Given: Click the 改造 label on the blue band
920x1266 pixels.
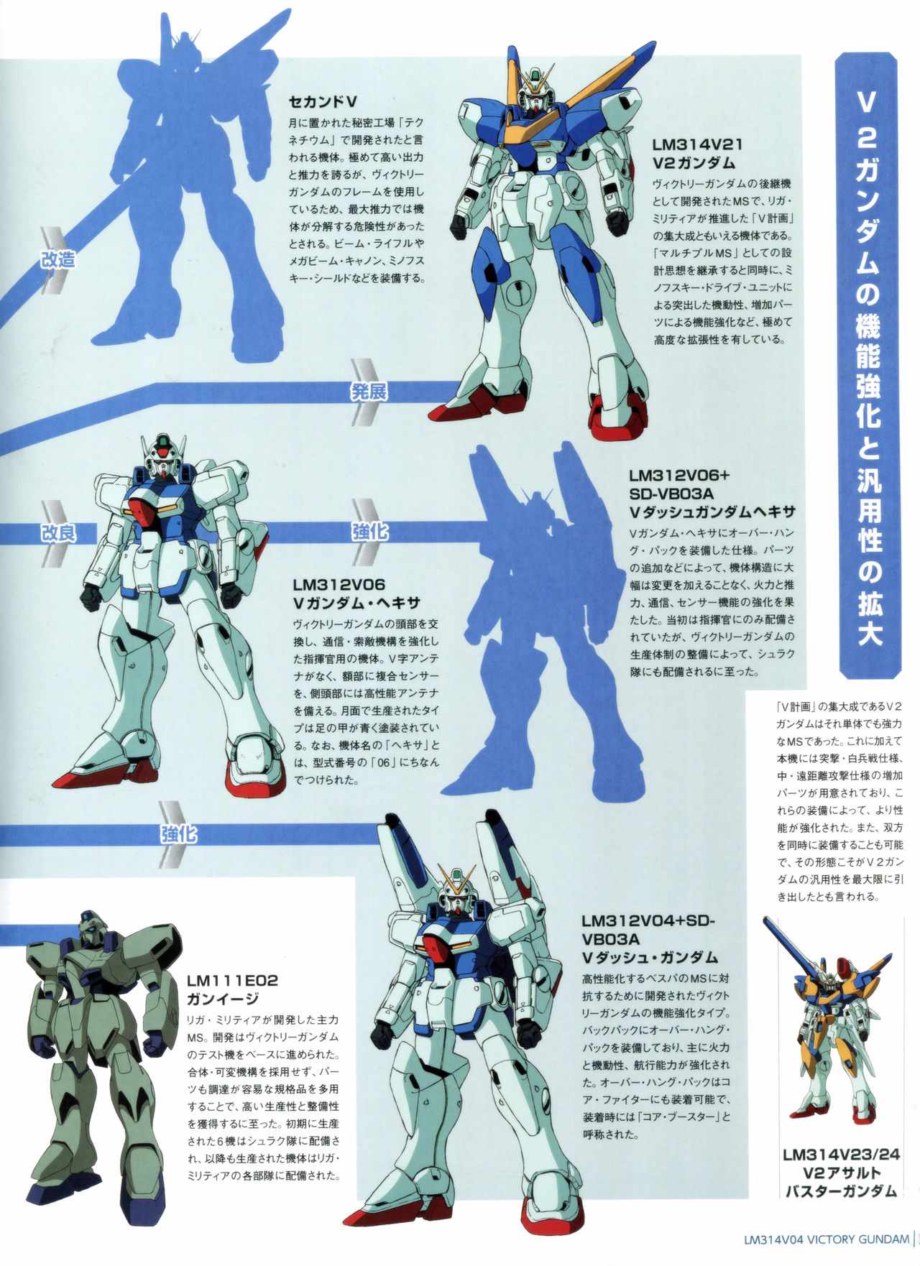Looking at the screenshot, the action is [x=57, y=259].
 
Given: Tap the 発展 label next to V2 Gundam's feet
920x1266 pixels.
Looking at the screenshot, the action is [x=369, y=392].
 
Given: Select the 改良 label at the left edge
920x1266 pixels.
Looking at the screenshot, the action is [x=57, y=532].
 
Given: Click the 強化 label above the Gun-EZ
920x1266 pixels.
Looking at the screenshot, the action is [x=178, y=834].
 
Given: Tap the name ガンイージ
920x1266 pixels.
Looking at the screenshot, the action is [x=222, y=999].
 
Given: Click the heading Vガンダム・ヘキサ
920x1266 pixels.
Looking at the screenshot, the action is [x=356, y=603].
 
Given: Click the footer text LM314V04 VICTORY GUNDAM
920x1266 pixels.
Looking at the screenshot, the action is [x=827, y=1239].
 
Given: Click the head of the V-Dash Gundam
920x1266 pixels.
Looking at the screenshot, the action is [x=459, y=892].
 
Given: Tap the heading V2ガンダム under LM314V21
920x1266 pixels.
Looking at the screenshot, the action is [x=694, y=164].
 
